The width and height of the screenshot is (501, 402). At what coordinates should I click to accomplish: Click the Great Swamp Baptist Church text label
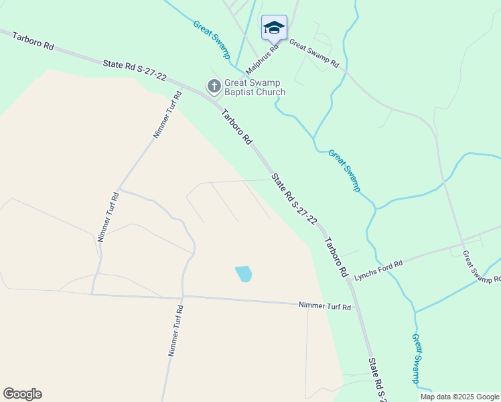coord(255,88)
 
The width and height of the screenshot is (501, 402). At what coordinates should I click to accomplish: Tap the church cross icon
coord(214,86)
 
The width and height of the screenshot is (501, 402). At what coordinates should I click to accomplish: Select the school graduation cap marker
coord(274,27)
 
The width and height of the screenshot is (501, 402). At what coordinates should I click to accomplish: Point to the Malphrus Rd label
coord(262,60)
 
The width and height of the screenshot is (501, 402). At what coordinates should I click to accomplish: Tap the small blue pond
coord(244,274)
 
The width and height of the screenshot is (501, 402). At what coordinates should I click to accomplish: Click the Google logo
coord(22,394)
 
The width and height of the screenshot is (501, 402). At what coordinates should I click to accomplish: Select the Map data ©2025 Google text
coord(459,397)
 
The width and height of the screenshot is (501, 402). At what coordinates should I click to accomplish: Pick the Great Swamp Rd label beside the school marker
coord(313,55)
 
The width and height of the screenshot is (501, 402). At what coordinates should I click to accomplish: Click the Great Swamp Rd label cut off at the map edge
coord(482,267)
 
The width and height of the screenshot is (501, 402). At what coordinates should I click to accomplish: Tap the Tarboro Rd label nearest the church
coord(238,127)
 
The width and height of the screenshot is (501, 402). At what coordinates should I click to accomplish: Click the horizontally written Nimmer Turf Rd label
coord(324,306)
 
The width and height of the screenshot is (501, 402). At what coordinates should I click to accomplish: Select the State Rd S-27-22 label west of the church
coord(135,70)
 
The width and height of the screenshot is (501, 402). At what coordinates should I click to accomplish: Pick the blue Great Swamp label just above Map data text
coord(417,358)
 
